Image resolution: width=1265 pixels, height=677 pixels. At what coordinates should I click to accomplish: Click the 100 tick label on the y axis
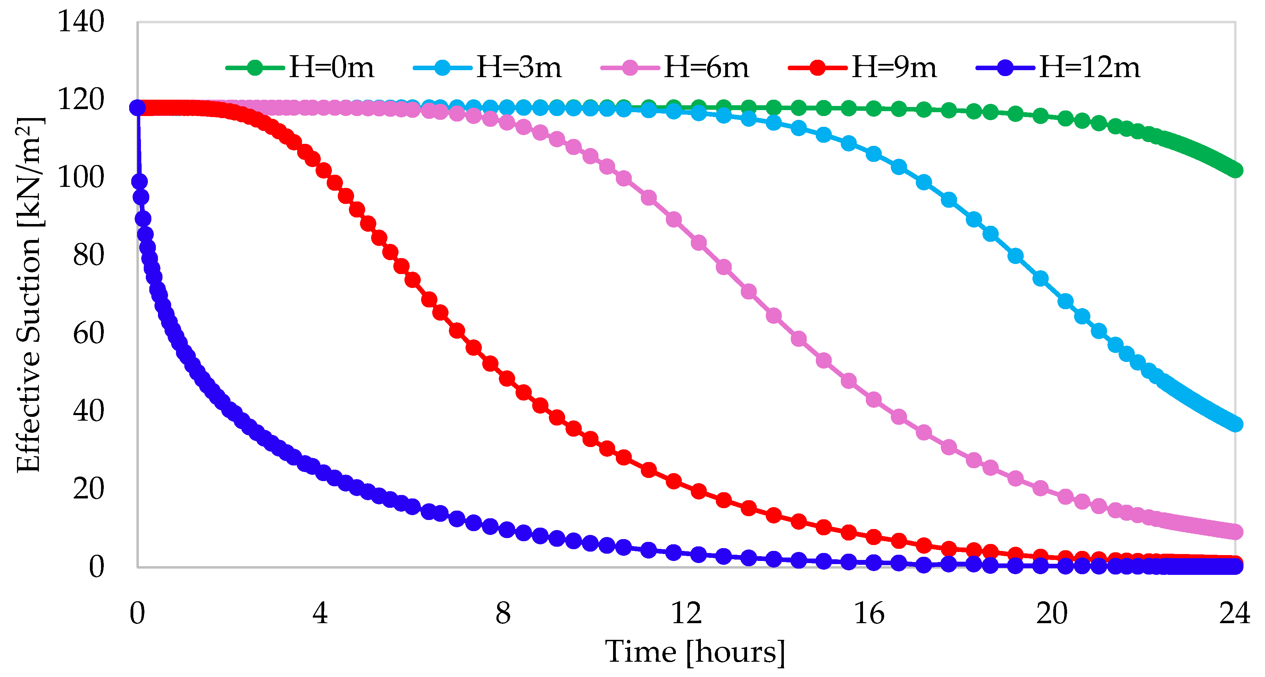click(x=81, y=177)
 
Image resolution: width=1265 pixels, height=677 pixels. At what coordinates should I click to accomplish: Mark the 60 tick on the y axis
click(x=89, y=333)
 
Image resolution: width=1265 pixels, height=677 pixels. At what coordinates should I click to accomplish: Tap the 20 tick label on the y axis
click(x=89, y=489)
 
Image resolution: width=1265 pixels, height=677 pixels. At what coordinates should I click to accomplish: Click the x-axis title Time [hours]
click(x=695, y=652)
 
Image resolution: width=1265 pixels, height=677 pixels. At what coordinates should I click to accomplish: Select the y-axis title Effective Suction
click(x=28, y=295)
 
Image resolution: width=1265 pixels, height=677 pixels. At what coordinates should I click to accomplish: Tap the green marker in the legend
click(x=255, y=67)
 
